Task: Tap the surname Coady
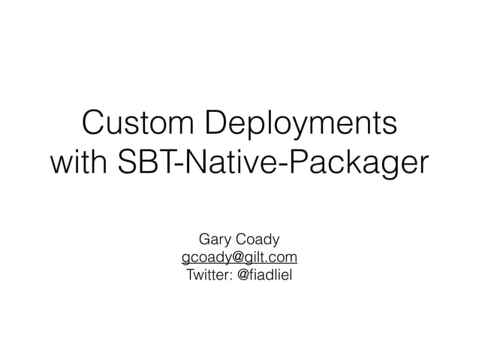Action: tap(257, 241)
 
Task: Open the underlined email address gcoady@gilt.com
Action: tap(239, 258)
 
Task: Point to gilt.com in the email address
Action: tap(273, 258)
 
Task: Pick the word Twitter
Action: tap(208, 275)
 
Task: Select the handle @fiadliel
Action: tap(265, 275)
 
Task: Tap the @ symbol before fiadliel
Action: tap(243, 275)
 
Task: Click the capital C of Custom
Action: tap(93, 123)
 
